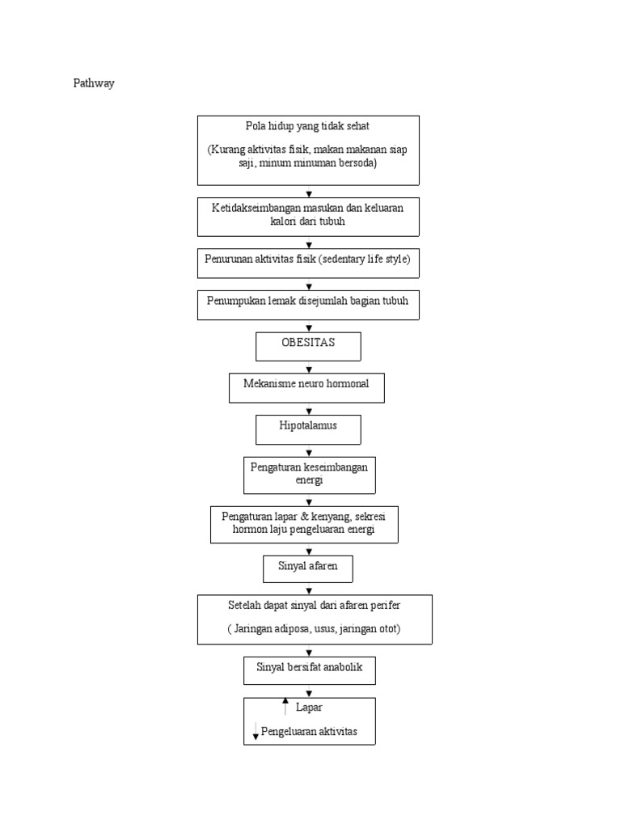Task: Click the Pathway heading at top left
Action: click(94, 83)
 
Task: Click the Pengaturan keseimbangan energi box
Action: click(309, 474)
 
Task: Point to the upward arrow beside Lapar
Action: click(285, 707)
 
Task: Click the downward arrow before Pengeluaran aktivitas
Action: click(256, 732)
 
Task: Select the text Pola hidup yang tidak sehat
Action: click(308, 126)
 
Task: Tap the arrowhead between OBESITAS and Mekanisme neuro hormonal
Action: click(309, 369)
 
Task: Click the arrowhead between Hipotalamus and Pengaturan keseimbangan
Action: click(309, 453)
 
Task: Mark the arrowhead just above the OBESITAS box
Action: click(309, 327)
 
